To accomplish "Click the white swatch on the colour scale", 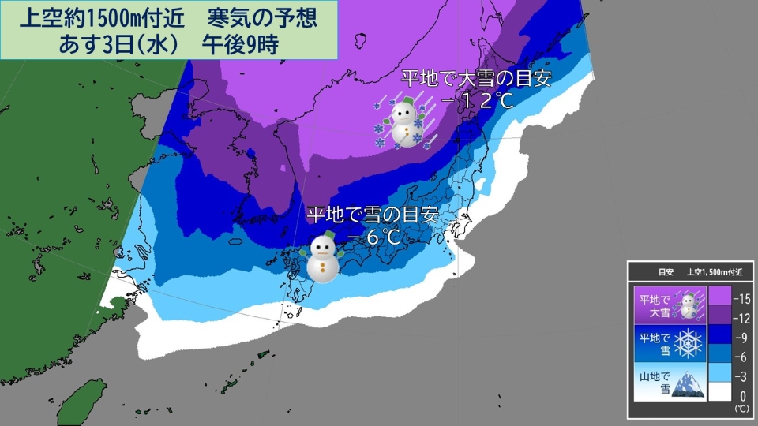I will [719, 391].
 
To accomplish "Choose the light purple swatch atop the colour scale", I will [719, 296].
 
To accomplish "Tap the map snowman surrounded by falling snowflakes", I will [405, 122].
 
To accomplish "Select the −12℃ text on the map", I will [471, 101].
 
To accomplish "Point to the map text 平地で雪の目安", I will [372, 215].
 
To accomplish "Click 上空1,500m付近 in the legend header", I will [719, 272].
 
